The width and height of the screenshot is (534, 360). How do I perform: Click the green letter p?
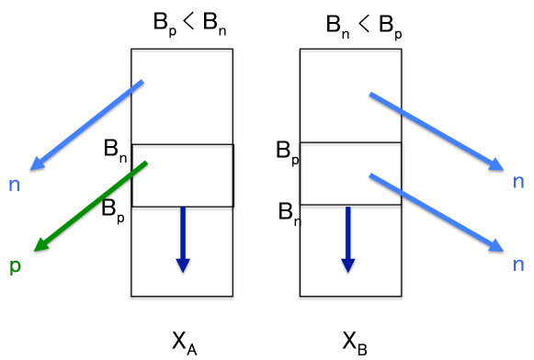click(x=15, y=266)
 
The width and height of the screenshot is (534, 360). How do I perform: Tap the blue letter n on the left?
click(x=14, y=185)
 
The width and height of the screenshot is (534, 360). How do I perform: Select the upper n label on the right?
click(x=518, y=181)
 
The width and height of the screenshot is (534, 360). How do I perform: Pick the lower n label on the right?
click(x=518, y=264)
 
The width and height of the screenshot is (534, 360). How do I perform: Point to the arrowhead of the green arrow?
click(x=40, y=245)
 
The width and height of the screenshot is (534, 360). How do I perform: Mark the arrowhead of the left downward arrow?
click(x=183, y=265)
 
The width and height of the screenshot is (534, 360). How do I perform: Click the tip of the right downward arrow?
click(x=348, y=271)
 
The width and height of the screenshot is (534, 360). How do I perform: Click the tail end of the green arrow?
click(x=145, y=163)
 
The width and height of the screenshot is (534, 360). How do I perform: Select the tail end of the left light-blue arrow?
click(x=142, y=82)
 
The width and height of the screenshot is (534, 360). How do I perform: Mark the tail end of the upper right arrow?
click(x=371, y=94)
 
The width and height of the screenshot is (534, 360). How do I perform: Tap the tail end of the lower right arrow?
click(x=371, y=174)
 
